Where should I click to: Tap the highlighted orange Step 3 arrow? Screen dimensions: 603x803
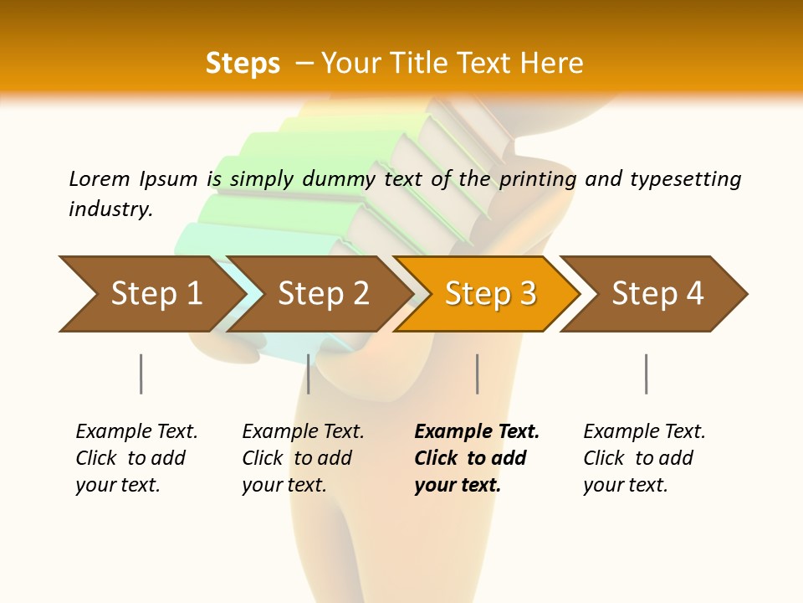[490, 294]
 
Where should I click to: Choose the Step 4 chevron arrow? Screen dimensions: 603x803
[657, 294]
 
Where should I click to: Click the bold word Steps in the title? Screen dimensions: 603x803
[243, 64]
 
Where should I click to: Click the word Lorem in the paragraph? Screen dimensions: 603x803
[99, 179]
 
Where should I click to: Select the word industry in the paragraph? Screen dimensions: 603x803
[110, 209]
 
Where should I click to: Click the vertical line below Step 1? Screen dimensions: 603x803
[141, 374]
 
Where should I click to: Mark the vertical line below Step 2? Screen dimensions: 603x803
[309, 374]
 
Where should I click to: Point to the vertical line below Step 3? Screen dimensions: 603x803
[477, 374]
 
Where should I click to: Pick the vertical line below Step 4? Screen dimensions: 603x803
[646, 374]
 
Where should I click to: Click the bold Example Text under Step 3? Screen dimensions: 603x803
[477, 432]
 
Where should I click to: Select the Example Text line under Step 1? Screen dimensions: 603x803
[136, 432]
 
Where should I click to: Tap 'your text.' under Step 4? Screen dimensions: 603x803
[625, 485]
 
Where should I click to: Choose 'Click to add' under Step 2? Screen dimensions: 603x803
[297, 459]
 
